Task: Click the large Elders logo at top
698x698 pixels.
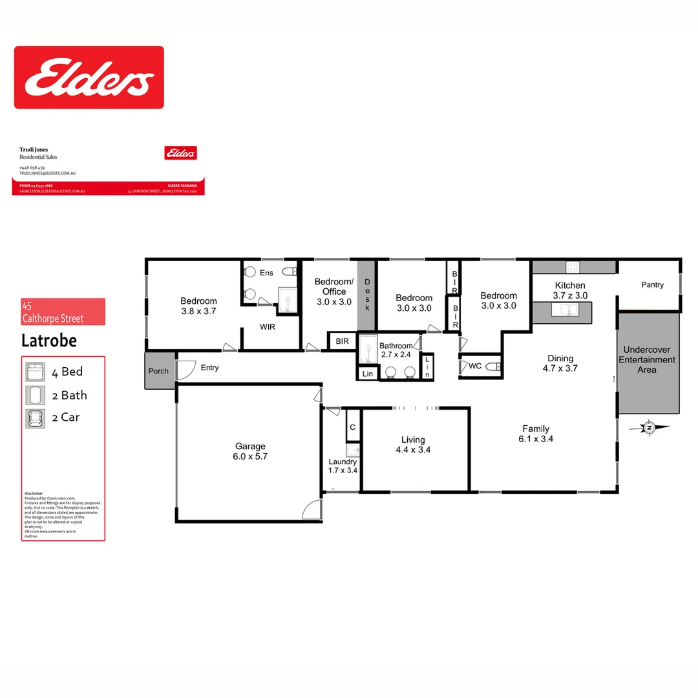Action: click(x=89, y=77)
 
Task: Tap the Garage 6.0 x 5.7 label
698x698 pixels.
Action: click(x=250, y=451)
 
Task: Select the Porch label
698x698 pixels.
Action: click(x=158, y=371)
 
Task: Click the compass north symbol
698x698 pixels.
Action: click(x=651, y=427)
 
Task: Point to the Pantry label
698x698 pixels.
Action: click(x=652, y=284)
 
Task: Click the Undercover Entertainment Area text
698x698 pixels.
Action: click(x=647, y=360)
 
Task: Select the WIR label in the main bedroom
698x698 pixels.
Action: click(x=268, y=327)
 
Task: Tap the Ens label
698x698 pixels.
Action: click(x=266, y=273)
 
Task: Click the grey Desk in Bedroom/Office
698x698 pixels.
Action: click(x=366, y=295)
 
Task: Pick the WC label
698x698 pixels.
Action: click(x=475, y=366)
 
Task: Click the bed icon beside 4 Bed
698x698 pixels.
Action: click(x=33, y=372)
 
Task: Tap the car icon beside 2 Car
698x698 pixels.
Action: click(x=33, y=418)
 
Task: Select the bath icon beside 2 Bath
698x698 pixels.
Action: click(x=33, y=395)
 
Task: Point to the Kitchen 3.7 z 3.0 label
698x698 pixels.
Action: click(x=570, y=290)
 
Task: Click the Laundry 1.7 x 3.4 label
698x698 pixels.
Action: click(x=343, y=466)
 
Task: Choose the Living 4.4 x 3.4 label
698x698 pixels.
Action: click(x=412, y=445)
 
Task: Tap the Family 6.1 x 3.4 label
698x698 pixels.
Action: click(x=536, y=434)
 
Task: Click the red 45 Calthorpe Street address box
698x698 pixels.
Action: click(x=63, y=312)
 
